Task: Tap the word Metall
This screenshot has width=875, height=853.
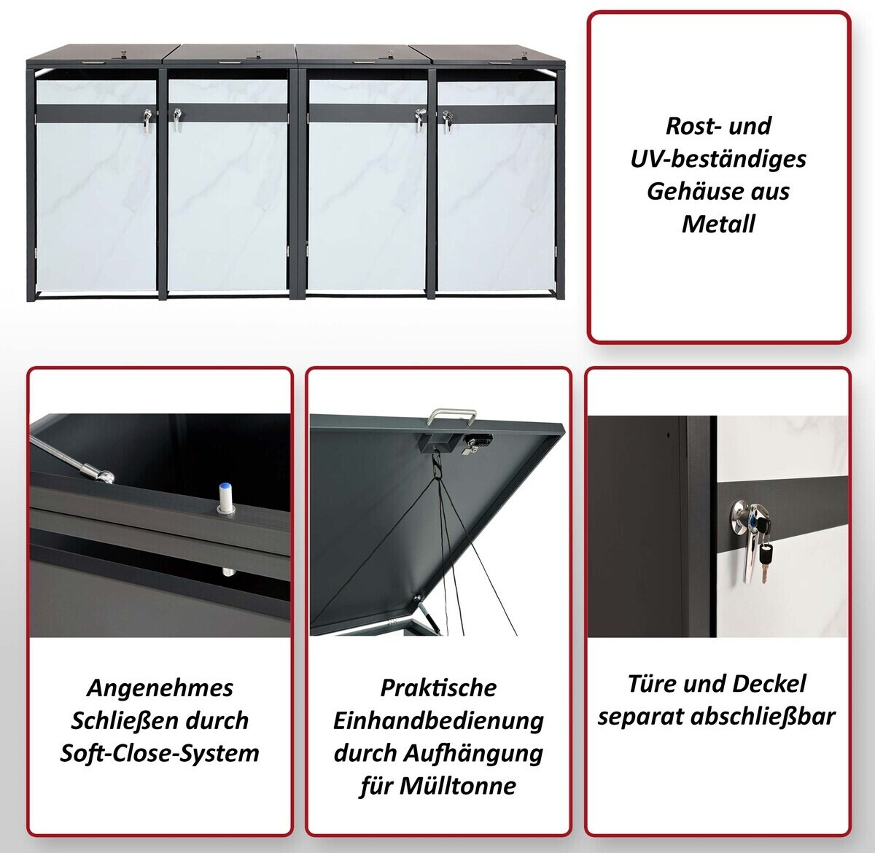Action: (x=718, y=224)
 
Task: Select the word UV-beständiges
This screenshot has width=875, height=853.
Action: (x=718, y=159)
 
